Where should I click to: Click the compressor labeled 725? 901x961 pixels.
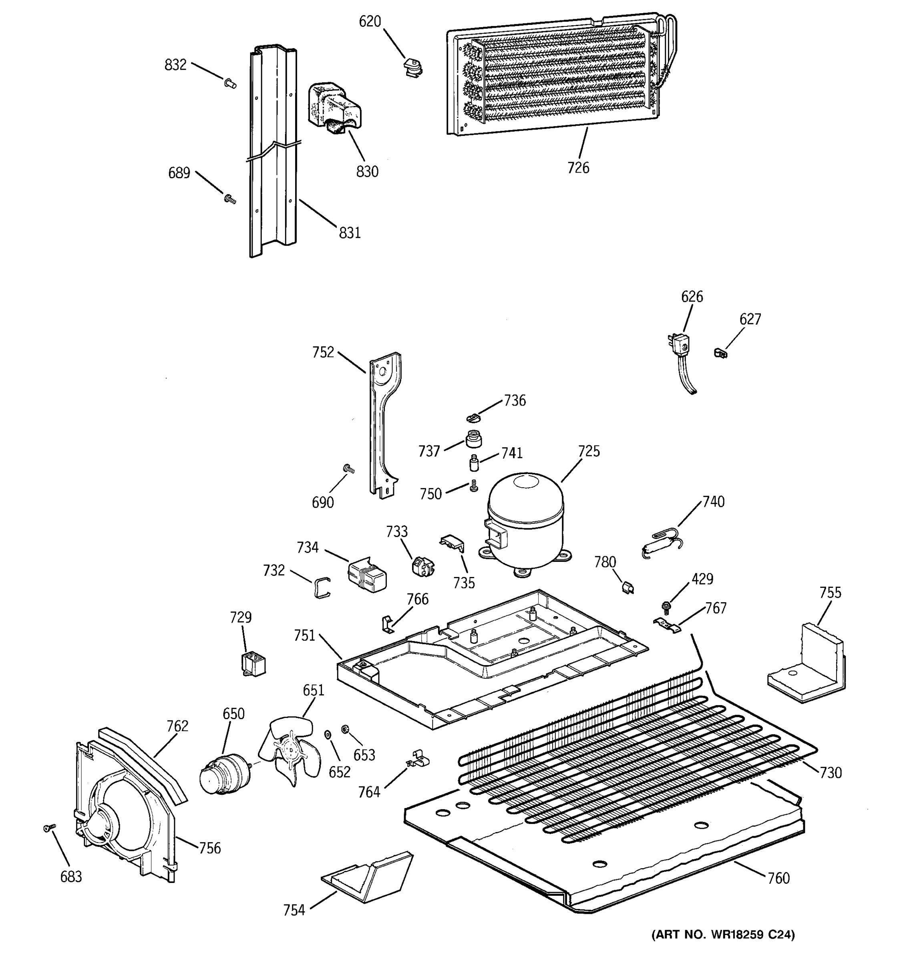click(x=525, y=525)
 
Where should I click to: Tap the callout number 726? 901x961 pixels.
click(x=578, y=168)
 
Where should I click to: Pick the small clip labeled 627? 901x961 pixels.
click(x=720, y=353)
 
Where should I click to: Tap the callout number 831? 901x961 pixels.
click(x=350, y=233)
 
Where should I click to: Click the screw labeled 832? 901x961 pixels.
click(x=230, y=84)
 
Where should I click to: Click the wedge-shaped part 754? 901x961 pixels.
click(x=367, y=876)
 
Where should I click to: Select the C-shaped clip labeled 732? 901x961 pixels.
click(x=320, y=587)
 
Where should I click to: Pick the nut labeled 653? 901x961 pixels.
click(x=345, y=730)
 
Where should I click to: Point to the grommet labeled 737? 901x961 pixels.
click(x=473, y=439)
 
